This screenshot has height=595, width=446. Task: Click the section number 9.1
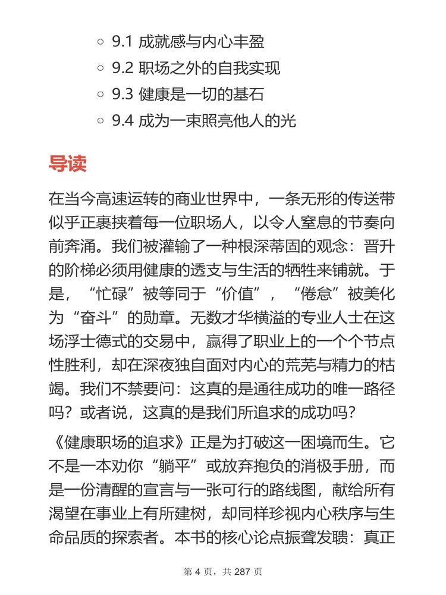point(123,42)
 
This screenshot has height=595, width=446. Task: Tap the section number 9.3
point(123,95)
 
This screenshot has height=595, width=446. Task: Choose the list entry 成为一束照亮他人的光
point(217,121)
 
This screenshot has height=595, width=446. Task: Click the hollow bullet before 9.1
point(100,42)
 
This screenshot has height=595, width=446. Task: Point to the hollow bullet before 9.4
point(100,121)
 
